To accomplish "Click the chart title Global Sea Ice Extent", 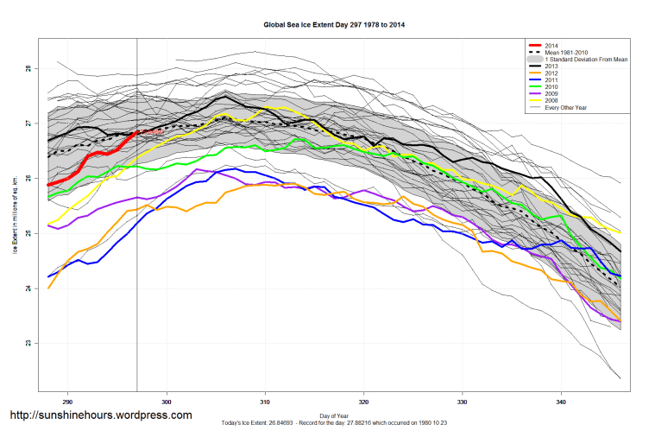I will (x=333, y=25).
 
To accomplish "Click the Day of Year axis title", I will (x=333, y=415).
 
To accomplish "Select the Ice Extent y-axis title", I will (x=15, y=216).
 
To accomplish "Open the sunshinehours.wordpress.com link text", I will (x=99, y=415).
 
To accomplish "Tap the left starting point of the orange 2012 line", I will (x=48, y=288).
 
